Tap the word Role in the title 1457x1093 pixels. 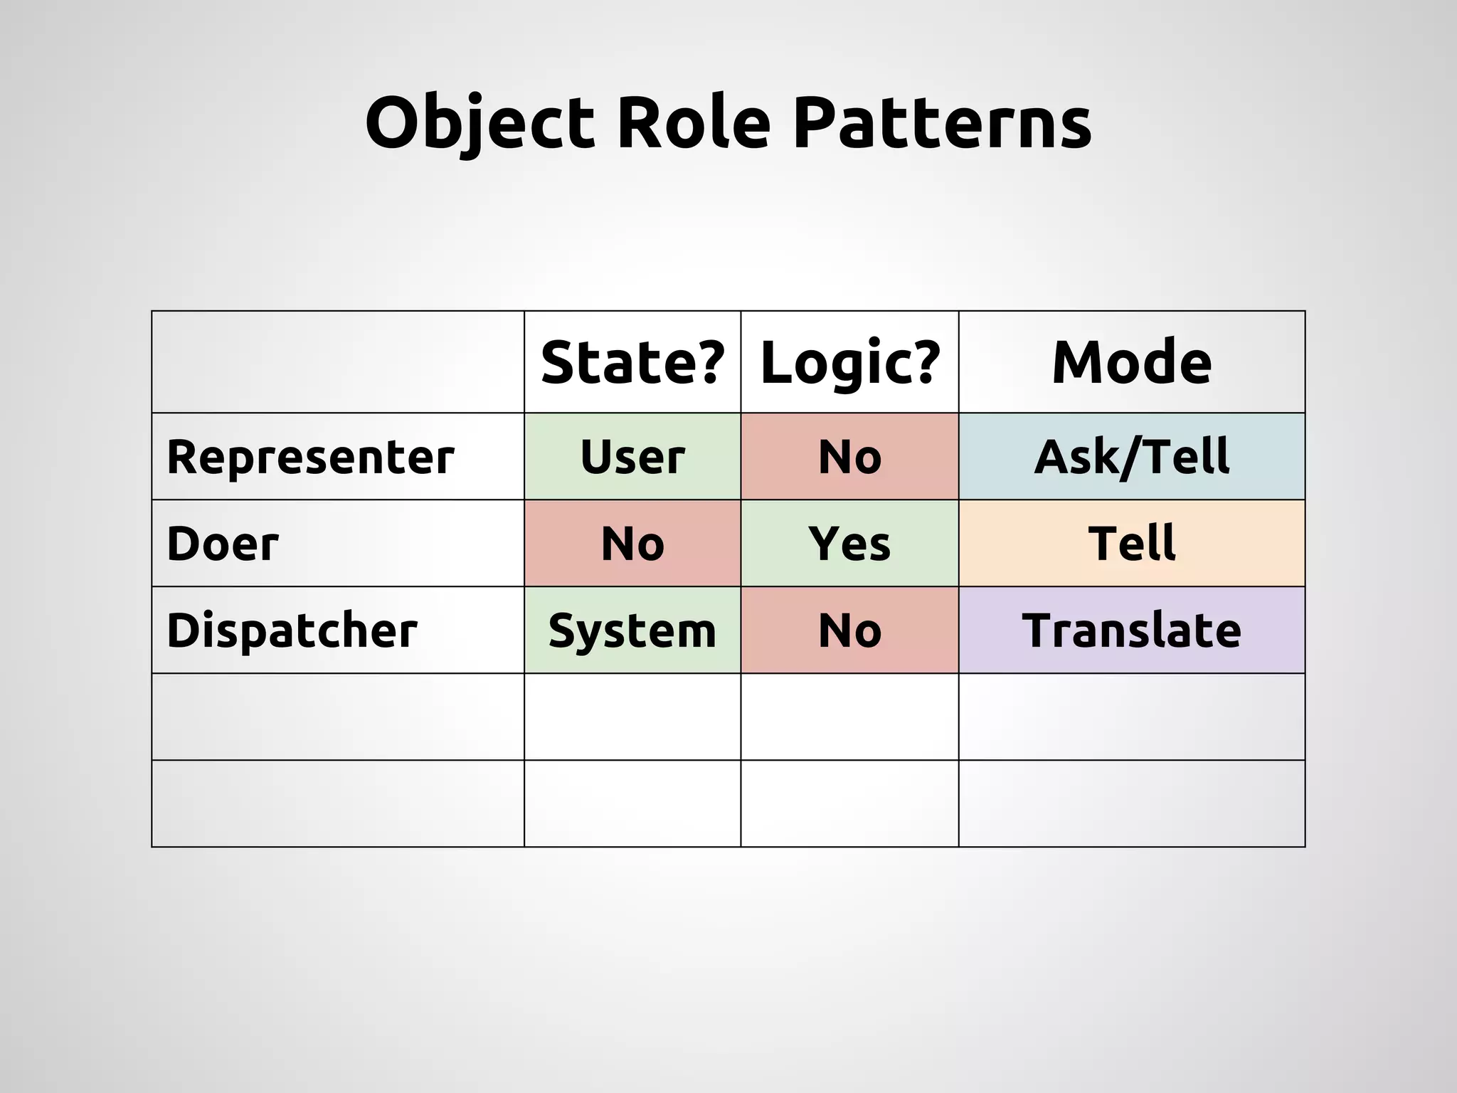click(694, 122)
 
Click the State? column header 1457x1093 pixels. click(632, 362)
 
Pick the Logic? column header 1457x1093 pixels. click(850, 362)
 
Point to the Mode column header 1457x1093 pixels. click(1131, 362)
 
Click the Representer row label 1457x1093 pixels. click(310, 457)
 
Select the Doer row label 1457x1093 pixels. click(223, 544)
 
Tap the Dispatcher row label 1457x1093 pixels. click(292, 630)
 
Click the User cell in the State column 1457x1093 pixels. click(632, 457)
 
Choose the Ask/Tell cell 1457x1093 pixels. click(1131, 457)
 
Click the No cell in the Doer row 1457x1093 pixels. click(632, 544)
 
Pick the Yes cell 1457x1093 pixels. click(849, 544)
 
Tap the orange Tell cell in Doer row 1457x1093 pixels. click(1131, 544)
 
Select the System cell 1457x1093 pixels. click(632, 630)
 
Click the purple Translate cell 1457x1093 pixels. click(1131, 630)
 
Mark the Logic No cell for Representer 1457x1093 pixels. click(849, 457)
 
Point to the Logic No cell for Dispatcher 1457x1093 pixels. click(849, 630)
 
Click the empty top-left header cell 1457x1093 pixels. click(338, 362)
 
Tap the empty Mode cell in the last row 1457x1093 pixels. click(1131, 803)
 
